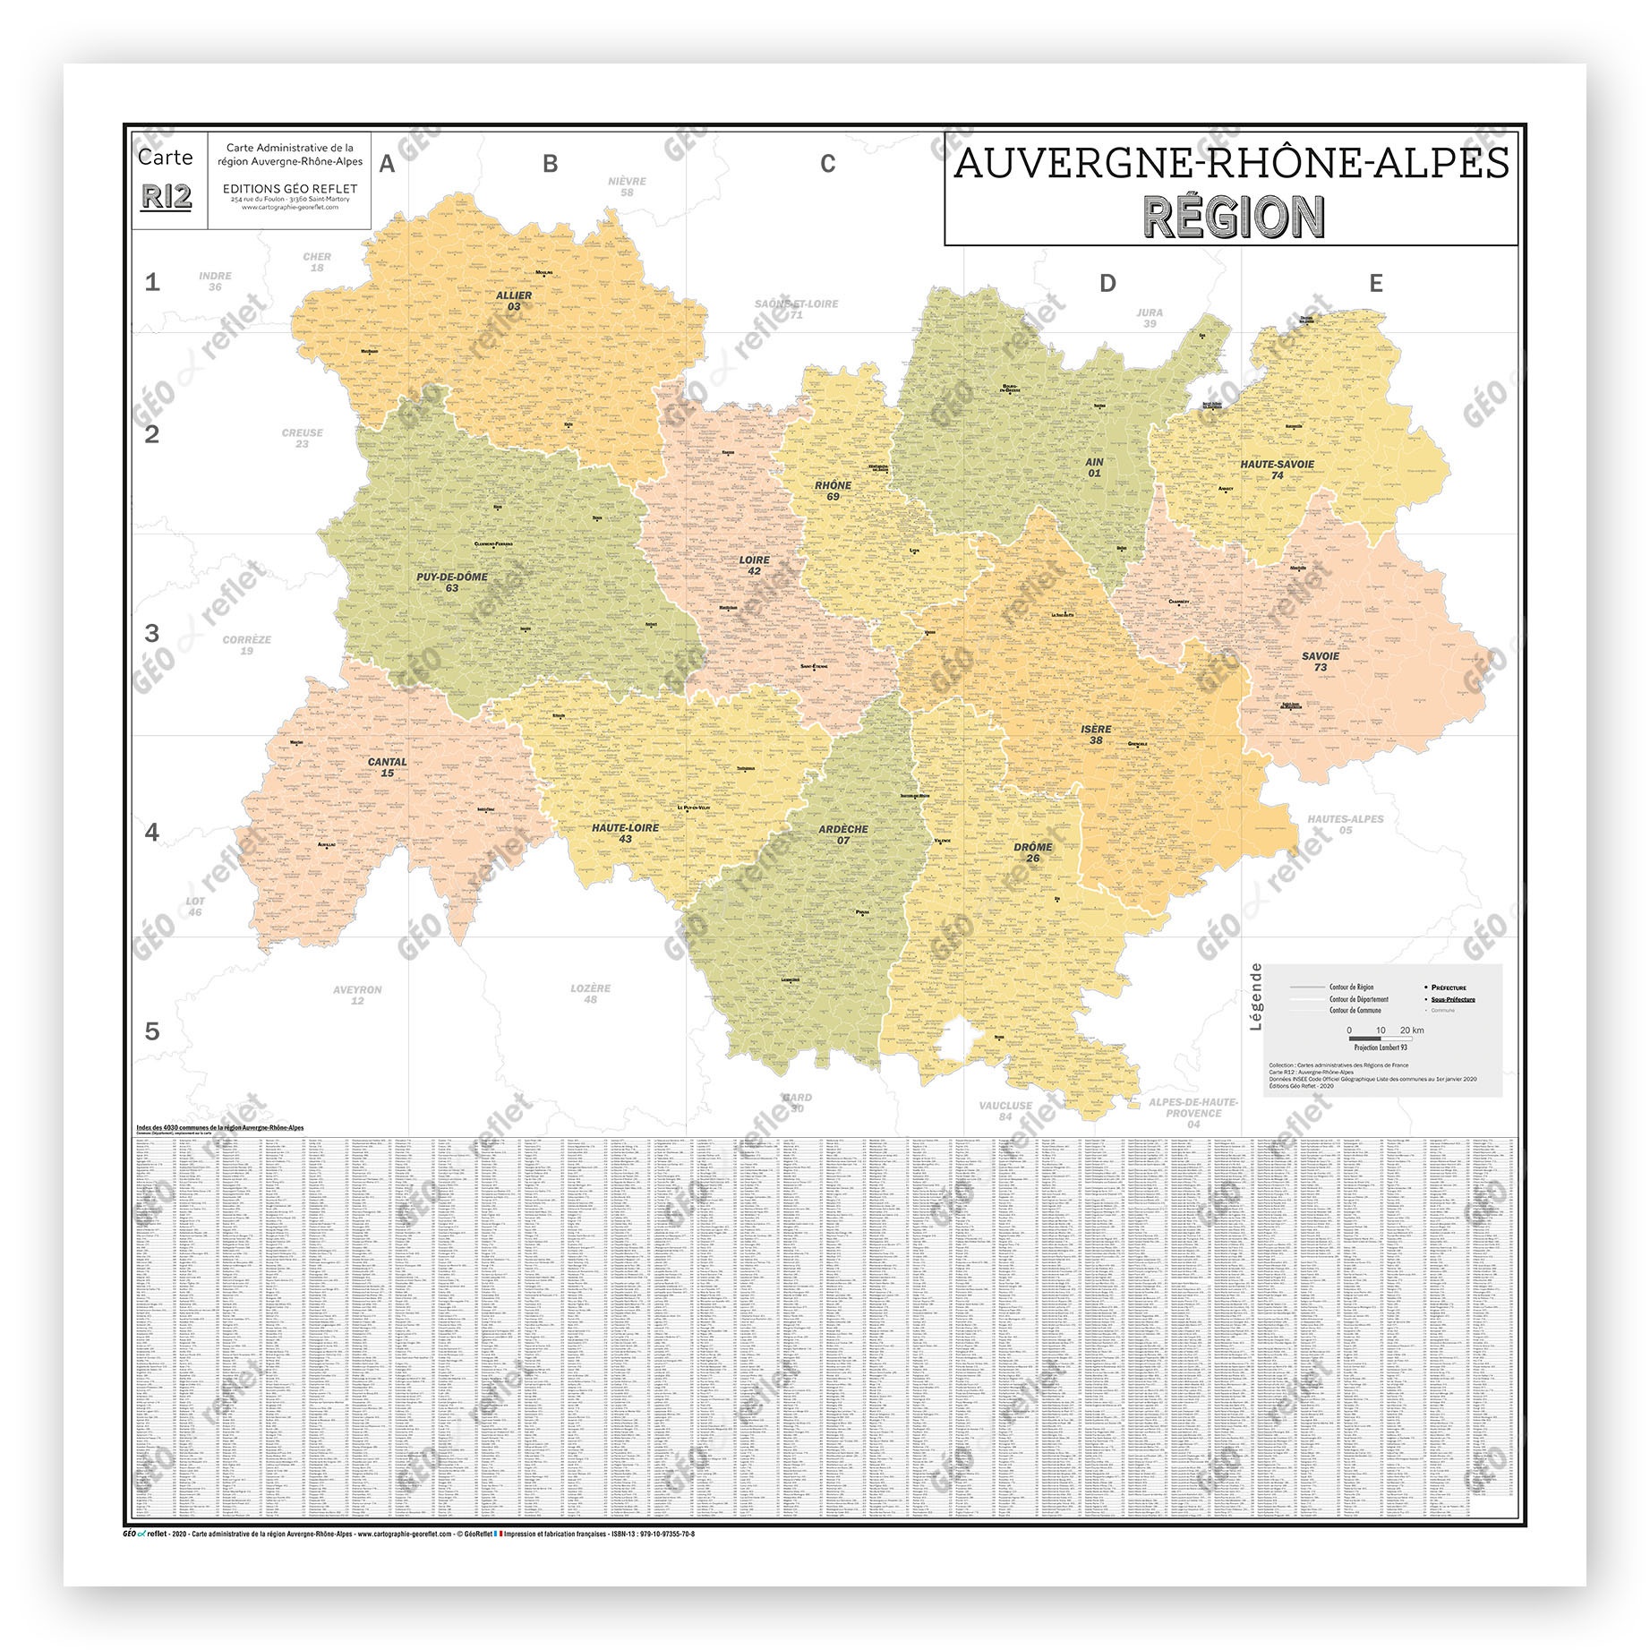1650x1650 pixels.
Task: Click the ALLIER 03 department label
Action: tap(514, 301)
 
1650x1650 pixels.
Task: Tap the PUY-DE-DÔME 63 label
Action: tap(452, 582)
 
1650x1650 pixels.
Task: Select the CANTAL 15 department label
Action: tap(387, 767)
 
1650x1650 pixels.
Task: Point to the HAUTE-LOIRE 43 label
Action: tap(625, 833)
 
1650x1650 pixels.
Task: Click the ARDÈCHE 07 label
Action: tap(842, 834)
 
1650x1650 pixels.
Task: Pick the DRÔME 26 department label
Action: tap(1033, 851)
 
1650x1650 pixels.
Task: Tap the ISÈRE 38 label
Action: tap(1096, 734)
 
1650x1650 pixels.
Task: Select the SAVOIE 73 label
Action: tap(1321, 662)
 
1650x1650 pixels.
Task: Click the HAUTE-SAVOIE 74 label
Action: tap(1278, 469)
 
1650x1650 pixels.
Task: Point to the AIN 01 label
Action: tap(1094, 467)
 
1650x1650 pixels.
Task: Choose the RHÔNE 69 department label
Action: tap(833, 491)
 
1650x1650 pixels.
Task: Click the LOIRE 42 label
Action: tap(754, 565)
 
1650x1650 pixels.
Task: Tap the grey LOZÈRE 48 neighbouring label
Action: tap(590, 993)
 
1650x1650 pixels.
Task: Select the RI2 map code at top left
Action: tap(167, 196)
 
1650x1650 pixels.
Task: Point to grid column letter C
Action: tap(827, 164)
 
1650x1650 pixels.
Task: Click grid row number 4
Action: tap(152, 832)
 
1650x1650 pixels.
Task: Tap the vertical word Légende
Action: tap(1255, 996)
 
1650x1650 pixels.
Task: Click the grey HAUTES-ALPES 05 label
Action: tap(1345, 824)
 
